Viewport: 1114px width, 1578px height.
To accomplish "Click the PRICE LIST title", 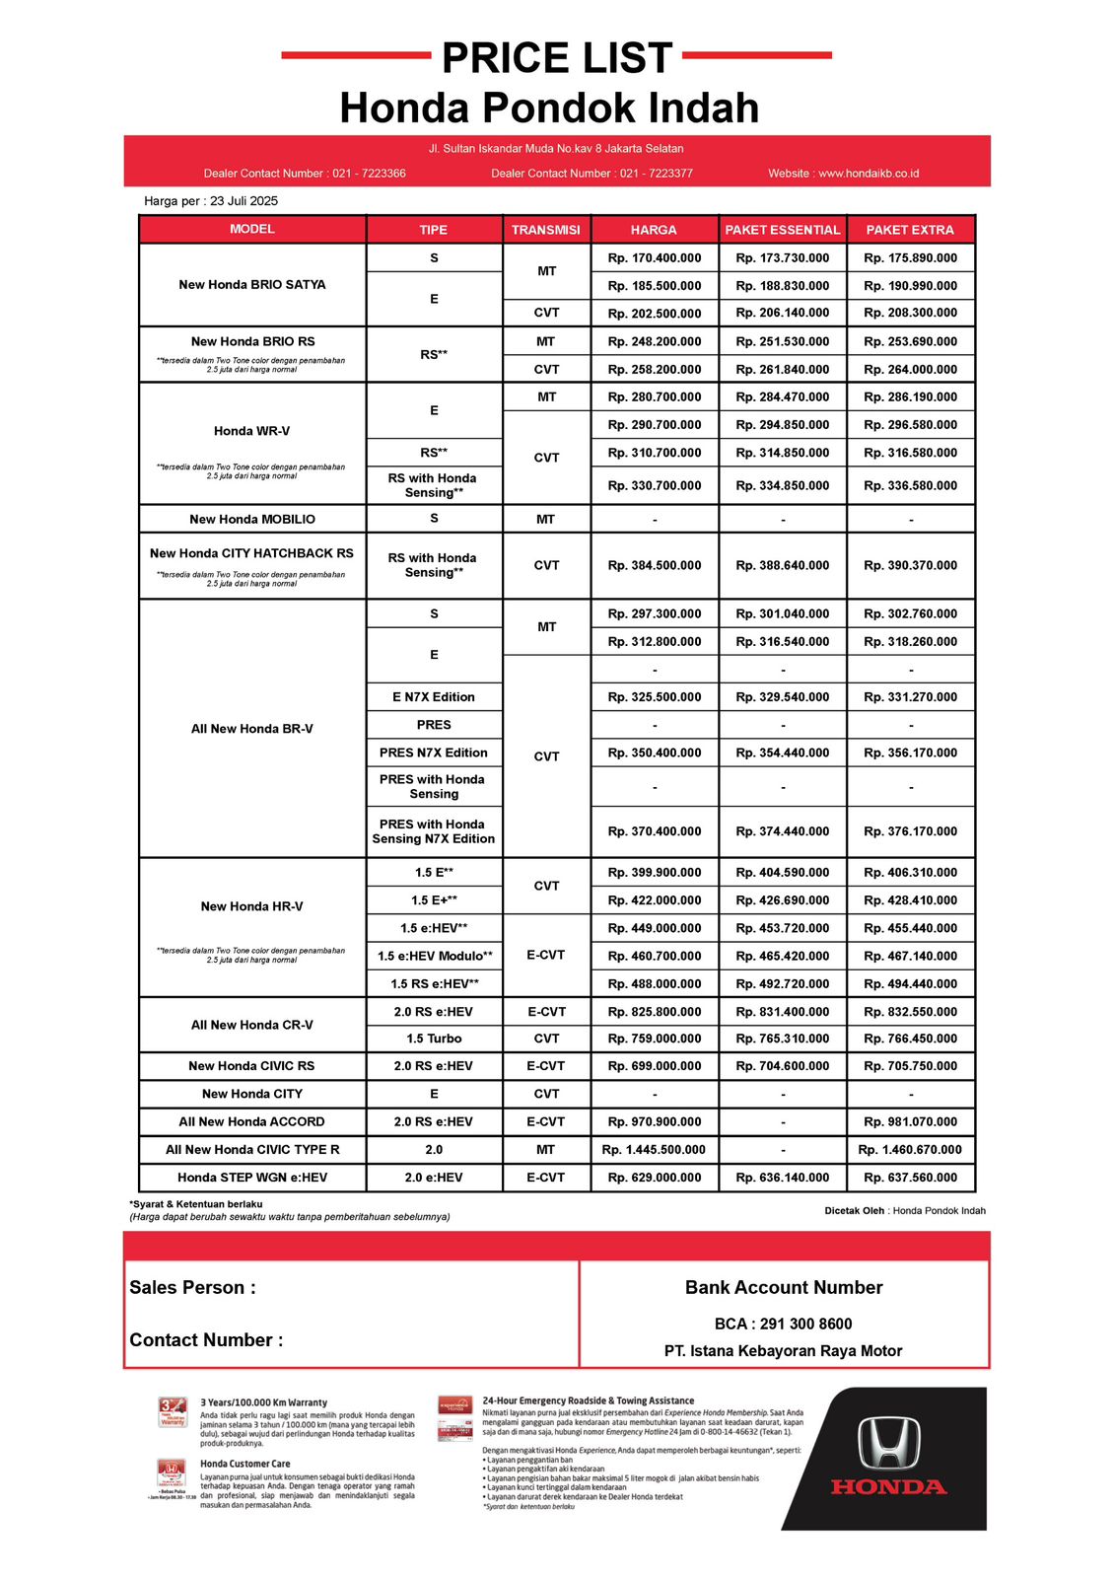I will point(557,58).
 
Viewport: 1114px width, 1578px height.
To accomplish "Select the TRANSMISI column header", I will point(546,230).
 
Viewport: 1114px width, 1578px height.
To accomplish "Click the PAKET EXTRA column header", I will point(910,230).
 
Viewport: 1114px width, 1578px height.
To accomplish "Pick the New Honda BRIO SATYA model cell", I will point(252,285).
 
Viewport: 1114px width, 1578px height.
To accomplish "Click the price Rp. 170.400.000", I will point(655,258).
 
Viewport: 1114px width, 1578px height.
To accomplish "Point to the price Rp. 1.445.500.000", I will point(654,1150).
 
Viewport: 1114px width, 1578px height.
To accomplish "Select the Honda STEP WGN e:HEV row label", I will point(252,1178).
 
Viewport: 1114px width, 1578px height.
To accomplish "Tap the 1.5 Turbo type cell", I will point(434,1039).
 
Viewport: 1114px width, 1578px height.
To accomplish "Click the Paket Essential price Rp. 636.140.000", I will point(783,1178).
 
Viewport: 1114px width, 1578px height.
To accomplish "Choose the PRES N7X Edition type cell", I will point(434,753).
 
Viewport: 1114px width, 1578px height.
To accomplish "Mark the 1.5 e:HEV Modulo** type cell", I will point(435,956).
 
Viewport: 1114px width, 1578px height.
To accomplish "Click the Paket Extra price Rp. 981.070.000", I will point(910,1122).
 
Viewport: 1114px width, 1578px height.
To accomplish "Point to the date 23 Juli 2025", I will point(244,201).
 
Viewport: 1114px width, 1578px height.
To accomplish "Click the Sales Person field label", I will point(193,1288).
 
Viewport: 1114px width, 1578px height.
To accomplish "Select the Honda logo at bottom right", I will point(889,1458).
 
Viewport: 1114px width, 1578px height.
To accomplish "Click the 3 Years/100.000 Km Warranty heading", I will point(263,1402).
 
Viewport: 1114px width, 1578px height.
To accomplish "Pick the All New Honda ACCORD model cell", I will point(252,1122).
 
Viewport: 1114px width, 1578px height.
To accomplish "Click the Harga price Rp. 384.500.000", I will point(655,566).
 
